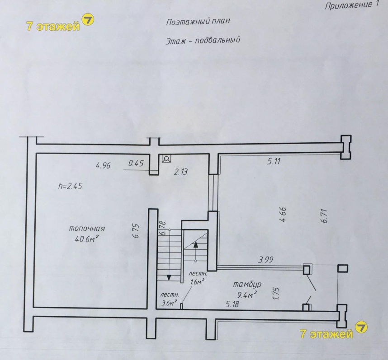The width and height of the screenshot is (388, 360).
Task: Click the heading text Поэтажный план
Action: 198,22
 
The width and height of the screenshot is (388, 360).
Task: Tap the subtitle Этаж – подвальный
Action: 203,41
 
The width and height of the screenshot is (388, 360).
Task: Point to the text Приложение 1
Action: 352,5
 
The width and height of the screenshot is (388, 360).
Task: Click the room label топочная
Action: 87,229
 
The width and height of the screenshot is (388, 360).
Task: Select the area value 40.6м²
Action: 87,238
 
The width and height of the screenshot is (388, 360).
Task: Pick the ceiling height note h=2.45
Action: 70,186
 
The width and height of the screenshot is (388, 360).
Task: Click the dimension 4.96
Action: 103,165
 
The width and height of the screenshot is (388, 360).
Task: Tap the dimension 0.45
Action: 136,164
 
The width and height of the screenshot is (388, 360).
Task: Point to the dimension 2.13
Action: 180,172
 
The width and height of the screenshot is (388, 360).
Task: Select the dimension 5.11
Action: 274,161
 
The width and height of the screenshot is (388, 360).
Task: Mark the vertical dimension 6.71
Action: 324,216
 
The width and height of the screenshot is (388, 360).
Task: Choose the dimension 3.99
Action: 266,260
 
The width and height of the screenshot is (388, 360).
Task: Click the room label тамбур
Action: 247,285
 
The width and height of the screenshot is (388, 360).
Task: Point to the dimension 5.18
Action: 232,304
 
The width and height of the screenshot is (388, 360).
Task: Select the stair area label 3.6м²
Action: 169,303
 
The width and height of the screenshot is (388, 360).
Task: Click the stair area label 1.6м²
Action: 197,282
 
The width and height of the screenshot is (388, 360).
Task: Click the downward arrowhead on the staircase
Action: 169,277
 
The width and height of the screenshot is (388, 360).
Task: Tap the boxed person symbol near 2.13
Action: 166,159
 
